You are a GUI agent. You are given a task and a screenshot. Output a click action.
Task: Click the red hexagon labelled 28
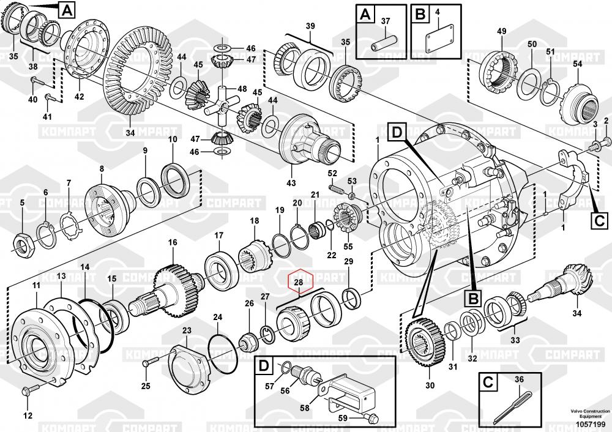coord(299,281)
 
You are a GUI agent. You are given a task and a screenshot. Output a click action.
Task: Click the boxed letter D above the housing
coord(396,132)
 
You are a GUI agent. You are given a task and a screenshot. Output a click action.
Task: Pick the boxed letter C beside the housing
coord(599,219)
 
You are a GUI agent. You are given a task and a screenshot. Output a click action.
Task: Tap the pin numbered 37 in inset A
coord(383,45)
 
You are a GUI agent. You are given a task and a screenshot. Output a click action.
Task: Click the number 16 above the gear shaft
coord(173,242)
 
